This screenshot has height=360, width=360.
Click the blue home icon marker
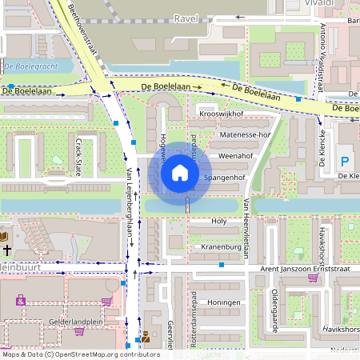click(180, 171)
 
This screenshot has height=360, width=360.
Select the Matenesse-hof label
click(245, 135)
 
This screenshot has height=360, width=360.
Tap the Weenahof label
click(235, 156)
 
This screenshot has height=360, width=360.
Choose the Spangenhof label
click(224, 177)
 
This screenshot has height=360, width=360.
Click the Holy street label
click(218, 220)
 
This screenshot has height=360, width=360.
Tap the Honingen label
click(225, 303)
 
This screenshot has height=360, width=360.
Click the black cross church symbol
click(6, 250)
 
